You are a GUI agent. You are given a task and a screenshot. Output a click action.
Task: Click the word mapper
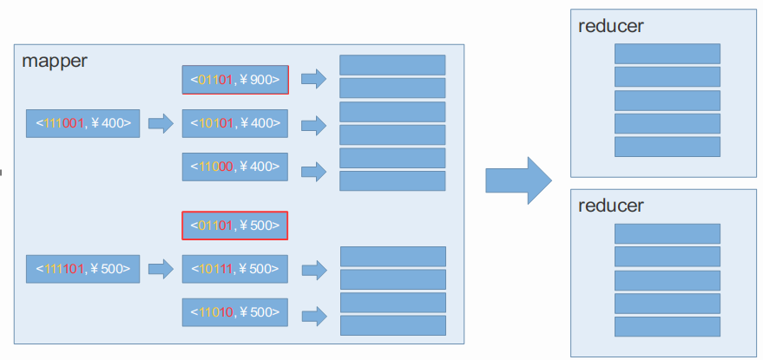[55, 61]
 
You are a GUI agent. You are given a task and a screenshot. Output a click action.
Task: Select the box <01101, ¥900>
[235, 79]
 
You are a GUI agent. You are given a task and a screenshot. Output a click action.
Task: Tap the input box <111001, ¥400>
[82, 123]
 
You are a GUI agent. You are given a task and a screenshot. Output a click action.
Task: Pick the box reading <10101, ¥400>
[235, 123]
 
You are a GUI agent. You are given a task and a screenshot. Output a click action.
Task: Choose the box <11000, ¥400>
[235, 167]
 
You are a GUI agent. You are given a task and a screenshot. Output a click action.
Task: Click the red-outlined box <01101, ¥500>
[235, 226]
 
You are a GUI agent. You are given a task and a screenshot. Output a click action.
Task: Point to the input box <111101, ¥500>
[82, 269]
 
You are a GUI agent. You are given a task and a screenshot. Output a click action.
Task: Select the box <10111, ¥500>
[235, 269]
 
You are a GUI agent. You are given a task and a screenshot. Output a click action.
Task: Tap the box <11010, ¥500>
[235, 311]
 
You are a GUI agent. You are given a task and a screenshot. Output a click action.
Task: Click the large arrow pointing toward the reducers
[519, 180]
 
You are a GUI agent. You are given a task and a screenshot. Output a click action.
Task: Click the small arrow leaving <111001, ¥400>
[161, 123]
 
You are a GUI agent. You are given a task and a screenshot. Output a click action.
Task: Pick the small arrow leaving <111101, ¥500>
[161, 269]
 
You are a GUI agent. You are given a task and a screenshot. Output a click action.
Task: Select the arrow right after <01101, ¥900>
[314, 79]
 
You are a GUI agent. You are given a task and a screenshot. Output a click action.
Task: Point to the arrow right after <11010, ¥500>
[314, 317]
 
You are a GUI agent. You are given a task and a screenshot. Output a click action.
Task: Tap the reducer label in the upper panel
[611, 26]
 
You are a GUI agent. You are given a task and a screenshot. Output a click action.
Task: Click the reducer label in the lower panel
[611, 206]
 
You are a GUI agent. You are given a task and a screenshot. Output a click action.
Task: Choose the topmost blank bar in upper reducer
[668, 54]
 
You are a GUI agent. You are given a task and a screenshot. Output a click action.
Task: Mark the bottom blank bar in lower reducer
[668, 326]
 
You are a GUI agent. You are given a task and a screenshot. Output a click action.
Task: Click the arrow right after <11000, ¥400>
[314, 172]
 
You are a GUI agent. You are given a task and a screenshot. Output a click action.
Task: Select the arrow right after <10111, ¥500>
[314, 271]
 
